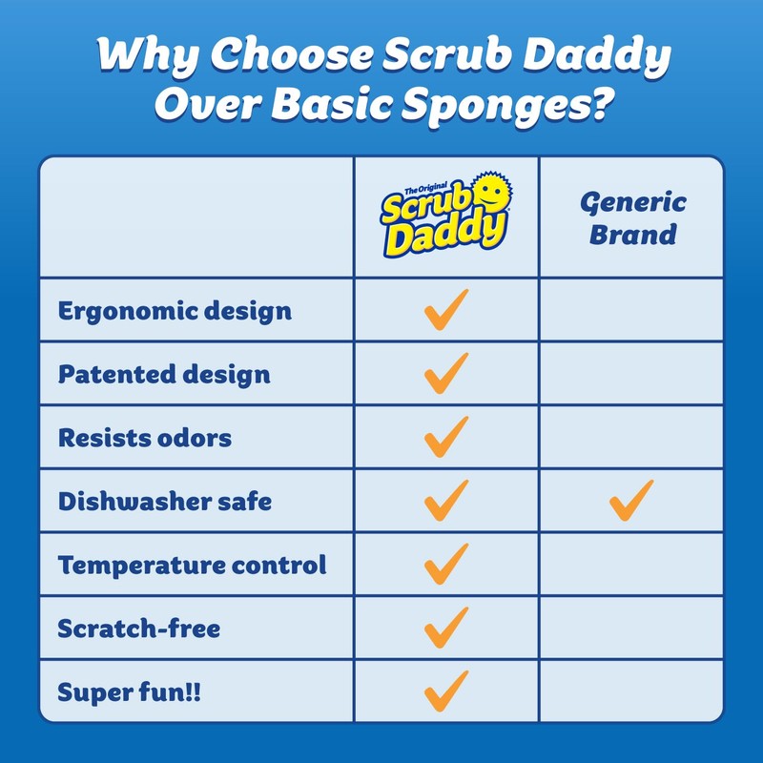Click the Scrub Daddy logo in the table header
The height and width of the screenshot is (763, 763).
tap(444, 216)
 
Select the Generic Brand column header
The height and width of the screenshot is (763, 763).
tap(632, 217)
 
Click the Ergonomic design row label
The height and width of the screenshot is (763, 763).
tap(175, 311)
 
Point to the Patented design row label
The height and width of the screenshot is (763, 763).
tap(164, 374)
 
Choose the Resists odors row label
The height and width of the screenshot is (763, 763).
tap(145, 438)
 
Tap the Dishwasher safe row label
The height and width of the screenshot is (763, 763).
tap(165, 501)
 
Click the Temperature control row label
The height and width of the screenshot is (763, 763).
tap(192, 565)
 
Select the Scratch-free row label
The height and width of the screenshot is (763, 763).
tap(139, 629)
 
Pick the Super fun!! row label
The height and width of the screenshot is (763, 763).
tap(130, 691)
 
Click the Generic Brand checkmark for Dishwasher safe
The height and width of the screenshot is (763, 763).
tap(631, 500)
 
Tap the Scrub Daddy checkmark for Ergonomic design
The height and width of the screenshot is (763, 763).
tap(445, 310)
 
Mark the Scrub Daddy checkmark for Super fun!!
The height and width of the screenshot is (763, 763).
tap(445, 691)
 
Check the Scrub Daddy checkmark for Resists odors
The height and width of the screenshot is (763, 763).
tap(445, 437)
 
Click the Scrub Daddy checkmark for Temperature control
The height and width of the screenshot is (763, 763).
tap(445, 564)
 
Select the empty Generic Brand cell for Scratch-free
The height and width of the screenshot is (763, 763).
tap(631, 628)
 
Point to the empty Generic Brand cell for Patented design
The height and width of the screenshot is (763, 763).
tap(631, 374)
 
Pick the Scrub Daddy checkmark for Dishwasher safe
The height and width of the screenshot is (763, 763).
tap(445, 500)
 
